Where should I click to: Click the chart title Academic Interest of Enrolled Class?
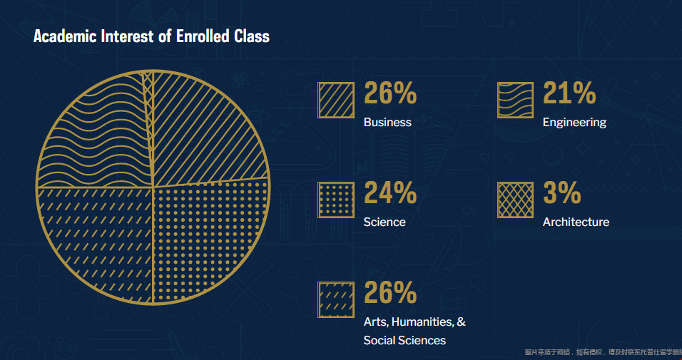tap(151, 36)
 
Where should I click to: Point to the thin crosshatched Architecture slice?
tap(148, 89)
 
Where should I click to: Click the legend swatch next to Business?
tap(336, 100)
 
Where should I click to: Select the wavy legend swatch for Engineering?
tap(515, 100)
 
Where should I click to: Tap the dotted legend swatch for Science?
tap(336, 200)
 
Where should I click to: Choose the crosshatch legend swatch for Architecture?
tap(515, 200)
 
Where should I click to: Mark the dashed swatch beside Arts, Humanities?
tap(336, 299)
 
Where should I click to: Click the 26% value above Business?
tap(390, 93)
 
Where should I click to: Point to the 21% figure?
tap(569, 93)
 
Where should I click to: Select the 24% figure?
tap(390, 193)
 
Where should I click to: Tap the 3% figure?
tap(561, 193)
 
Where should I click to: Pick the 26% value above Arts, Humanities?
tap(390, 293)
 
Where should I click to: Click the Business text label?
tap(387, 122)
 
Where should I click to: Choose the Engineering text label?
tap(574, 122)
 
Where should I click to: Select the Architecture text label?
tap(576, 222)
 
